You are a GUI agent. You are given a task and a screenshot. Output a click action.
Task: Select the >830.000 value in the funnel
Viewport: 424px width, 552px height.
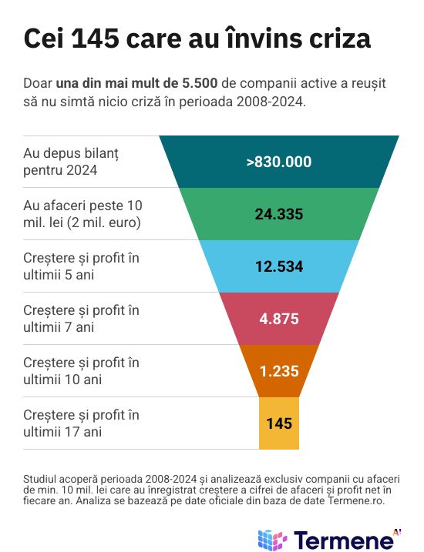click(279, 162)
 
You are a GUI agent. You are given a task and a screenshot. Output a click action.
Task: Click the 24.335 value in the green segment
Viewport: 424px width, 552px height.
click(279, 214)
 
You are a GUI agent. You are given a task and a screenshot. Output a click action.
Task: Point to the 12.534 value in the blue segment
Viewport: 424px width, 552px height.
click(279, 266)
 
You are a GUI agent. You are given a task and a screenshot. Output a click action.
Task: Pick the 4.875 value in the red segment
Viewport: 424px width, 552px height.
click(279, 319)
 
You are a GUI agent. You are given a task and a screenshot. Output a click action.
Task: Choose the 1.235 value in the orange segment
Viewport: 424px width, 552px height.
click(279, 371)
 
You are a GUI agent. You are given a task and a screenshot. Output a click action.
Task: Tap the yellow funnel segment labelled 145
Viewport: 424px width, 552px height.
click(279, 423)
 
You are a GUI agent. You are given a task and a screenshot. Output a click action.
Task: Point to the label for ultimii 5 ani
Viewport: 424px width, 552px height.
click(81, 266)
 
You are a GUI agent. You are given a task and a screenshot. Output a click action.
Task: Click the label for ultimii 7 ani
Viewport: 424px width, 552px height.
click(81, 319)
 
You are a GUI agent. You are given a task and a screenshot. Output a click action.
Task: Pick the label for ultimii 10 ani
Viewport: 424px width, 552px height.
click(81, 371)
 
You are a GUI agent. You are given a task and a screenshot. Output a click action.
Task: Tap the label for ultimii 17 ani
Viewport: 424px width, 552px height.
click(81, 423)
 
